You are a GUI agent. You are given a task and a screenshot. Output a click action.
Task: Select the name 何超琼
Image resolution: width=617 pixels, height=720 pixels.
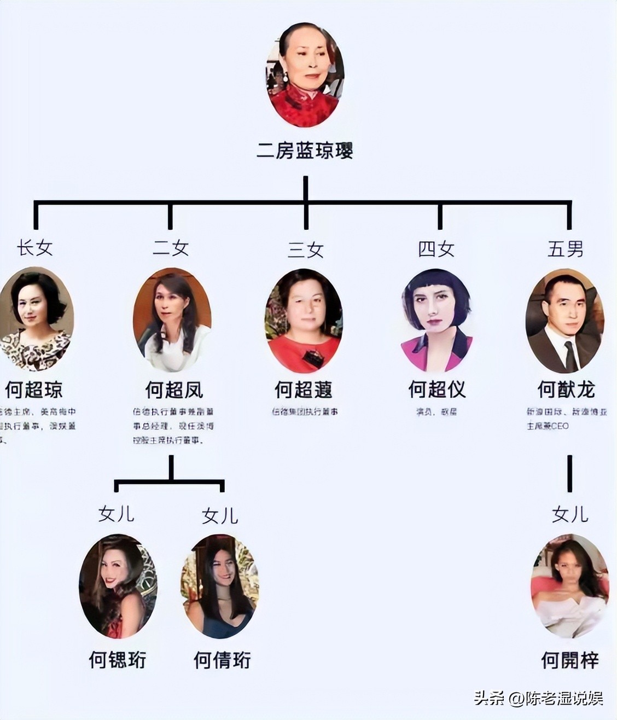coord(34,390)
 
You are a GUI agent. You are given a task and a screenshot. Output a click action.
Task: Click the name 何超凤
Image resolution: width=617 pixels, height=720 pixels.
coord(174,390)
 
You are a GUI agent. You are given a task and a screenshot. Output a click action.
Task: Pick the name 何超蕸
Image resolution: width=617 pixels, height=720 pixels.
coord(304,390)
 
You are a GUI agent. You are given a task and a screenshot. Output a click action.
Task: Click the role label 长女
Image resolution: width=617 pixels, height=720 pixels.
coord(34,248)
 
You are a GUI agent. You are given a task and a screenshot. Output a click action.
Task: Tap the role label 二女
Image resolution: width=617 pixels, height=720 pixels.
coord(170,248)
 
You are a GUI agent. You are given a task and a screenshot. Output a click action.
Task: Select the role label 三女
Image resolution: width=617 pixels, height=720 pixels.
coord(306,249)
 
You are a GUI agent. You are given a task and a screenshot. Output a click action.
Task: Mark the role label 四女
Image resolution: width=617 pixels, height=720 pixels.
coord(436,249)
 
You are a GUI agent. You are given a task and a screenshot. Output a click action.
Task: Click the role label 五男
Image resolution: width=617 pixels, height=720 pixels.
coord(566,249)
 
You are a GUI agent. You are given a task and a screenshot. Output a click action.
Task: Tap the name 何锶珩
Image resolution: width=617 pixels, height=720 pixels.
coord(118,660)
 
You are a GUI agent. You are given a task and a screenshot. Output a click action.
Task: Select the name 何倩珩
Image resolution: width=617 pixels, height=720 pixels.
coord(222,660)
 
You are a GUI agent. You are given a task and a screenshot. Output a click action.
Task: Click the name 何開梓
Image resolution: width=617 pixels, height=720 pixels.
coord(569,660)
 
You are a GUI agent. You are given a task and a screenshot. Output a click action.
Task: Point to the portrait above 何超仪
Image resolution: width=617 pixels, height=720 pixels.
coord(436,320)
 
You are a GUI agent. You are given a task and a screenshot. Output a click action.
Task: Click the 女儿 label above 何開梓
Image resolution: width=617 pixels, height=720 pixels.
coord(570,514)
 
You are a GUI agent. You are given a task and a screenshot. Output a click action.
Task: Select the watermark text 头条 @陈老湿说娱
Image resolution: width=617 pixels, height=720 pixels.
coord(538,699)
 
